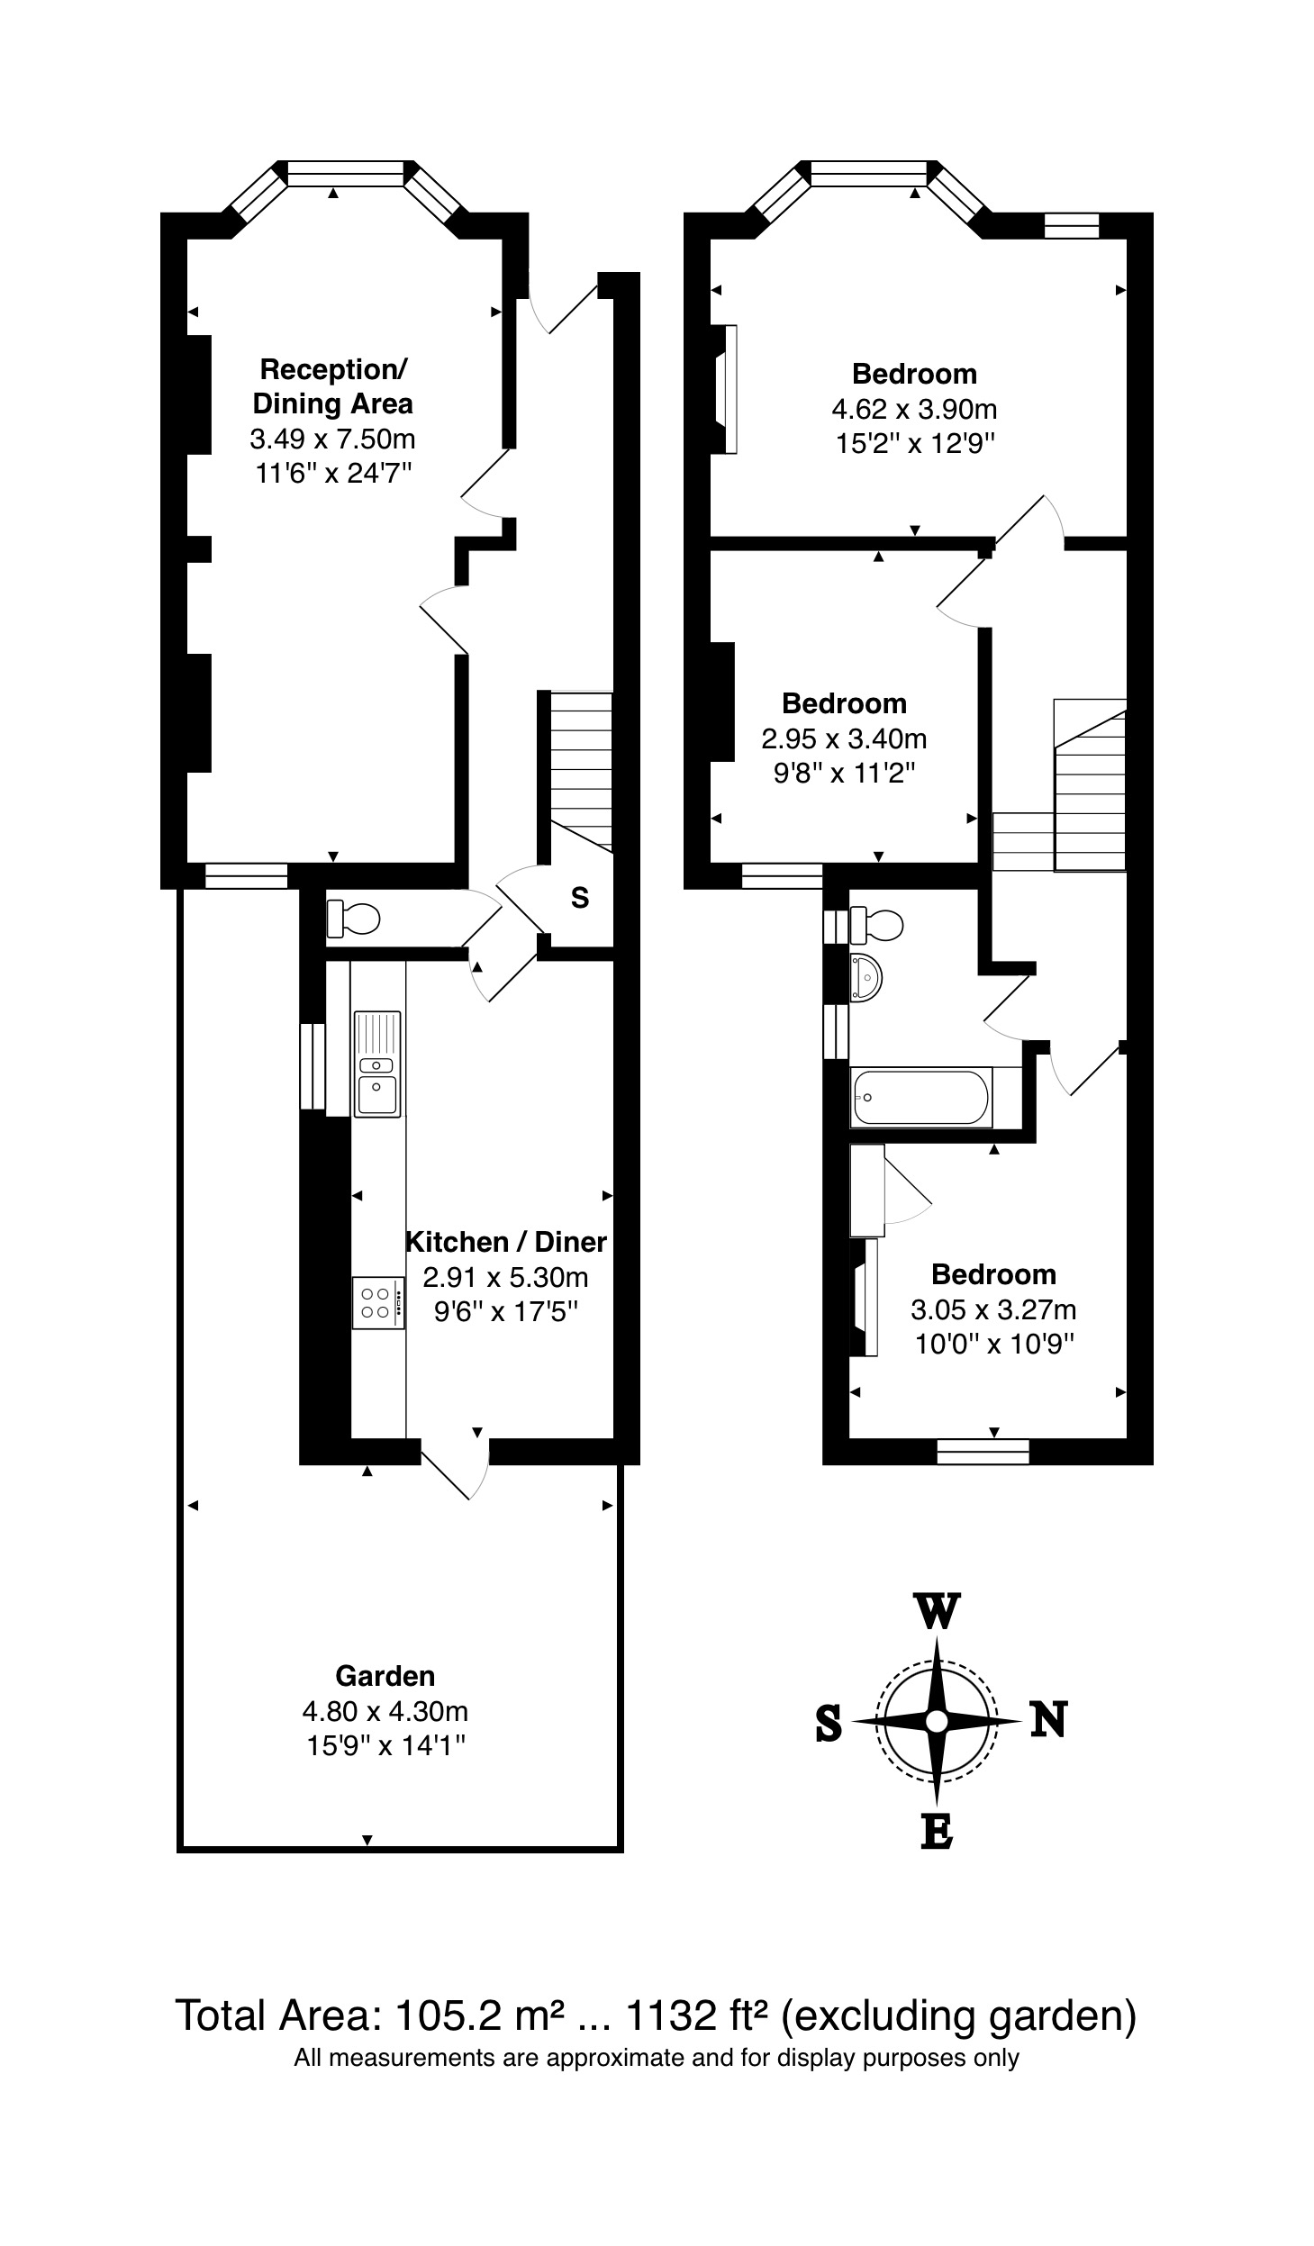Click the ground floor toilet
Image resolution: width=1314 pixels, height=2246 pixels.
click(x=353, y=918)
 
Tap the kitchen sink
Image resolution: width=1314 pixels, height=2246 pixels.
click(x=377, y=1064)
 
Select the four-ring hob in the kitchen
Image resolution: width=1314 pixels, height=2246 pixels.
click(x=377, y=1302)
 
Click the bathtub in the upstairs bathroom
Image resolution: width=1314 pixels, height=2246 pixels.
click(x=920, y=1098)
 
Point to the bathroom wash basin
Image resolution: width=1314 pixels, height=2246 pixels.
click(x=865, y=977)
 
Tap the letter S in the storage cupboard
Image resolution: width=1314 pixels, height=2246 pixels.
click(x=580, y=898)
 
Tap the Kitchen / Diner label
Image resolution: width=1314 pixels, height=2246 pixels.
click(x=506, y=1242)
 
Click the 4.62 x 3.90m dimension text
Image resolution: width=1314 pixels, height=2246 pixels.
click(x=914, y=410)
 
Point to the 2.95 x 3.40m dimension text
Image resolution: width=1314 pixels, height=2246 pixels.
click(x=844, y=739)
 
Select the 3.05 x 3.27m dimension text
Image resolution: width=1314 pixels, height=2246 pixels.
click(x=993, y=1309)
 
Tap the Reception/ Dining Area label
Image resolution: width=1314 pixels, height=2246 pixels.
click(x=333, y=386)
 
